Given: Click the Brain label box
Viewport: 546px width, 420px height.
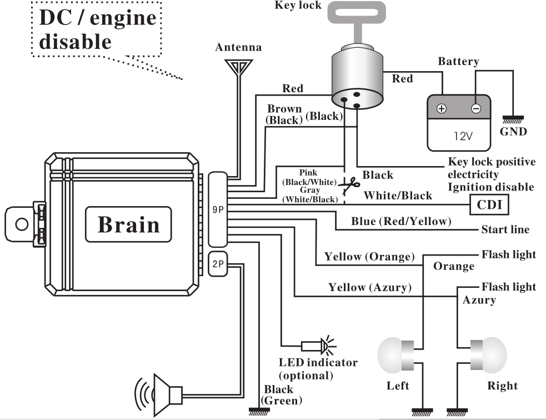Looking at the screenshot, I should click(128, 224).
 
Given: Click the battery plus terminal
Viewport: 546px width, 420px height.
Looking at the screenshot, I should click(442, 109).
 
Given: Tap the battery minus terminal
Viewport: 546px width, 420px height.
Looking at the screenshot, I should click(475, 109).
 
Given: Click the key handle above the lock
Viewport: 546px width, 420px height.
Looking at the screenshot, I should click(357, 17).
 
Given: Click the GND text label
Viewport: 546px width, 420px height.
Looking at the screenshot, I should click(513, 132).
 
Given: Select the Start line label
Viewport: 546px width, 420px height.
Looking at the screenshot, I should click(505, 229).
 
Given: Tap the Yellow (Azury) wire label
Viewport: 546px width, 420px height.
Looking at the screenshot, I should click(369, 287).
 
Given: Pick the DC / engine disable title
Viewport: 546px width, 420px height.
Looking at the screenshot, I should click(97, 29).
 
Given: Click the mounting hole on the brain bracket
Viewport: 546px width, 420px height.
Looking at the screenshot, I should click(21, 224).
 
